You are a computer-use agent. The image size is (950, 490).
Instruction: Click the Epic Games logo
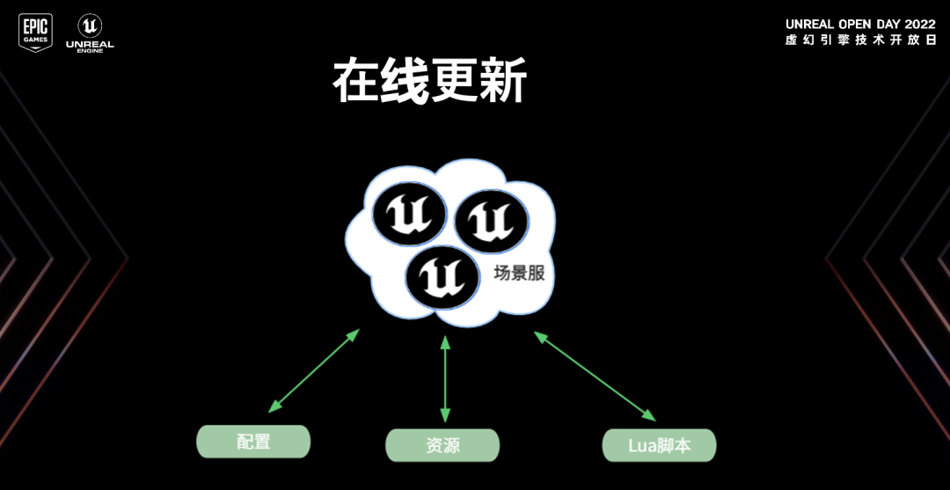pos(35,33)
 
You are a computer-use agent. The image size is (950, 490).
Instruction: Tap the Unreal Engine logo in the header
pos(89,32)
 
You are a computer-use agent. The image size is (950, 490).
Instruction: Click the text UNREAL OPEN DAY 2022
pos(860,24)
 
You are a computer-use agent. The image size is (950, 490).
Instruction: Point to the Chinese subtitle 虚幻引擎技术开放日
pos(860,40)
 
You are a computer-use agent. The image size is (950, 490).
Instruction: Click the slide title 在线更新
pos(429,83)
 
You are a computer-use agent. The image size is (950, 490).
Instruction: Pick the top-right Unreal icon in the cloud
pos(491,222)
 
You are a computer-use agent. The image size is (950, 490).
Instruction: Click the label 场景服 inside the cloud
pos(519,274)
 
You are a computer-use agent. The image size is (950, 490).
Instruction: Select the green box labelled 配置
pos(253,442)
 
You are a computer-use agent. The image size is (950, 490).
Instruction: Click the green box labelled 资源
pos(442,445)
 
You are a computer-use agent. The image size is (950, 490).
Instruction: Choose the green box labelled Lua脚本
pos(659,445)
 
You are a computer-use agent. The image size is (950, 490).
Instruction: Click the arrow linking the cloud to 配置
pos(314,371)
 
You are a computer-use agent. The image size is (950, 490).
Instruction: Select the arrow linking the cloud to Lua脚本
pos(596,376)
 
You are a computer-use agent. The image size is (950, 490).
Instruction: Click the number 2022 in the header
pos(918,24)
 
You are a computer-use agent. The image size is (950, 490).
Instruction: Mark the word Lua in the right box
pos(641,445)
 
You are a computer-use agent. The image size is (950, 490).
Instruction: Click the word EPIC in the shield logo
pos(35,26)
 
